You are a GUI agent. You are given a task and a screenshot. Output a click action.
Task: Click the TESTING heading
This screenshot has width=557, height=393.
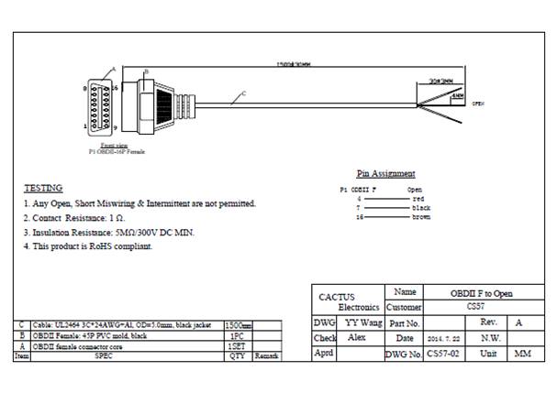[x=42, y=188]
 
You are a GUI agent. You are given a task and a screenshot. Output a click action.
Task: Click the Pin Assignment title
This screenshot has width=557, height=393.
[x=385, y=173]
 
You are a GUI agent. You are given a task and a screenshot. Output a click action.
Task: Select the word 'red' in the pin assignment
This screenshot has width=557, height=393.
[x=418, y=198]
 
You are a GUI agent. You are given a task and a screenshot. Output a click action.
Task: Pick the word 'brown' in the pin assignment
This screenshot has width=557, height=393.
[x=421, y=217]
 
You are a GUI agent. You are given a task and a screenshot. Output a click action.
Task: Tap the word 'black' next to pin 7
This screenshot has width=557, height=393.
[x=421, y=208]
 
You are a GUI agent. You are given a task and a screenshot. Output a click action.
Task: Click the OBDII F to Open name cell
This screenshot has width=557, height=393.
[x=482, y=293]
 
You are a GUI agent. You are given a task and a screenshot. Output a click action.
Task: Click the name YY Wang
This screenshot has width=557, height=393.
[x=363, y=323]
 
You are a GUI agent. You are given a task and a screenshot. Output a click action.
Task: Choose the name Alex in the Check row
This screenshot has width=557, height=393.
[x=357, y=338]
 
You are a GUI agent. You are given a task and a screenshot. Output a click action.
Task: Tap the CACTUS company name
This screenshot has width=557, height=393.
[x=336, y=297]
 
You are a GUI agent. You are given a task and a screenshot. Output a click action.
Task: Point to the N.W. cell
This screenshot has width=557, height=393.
[x=489, y=338]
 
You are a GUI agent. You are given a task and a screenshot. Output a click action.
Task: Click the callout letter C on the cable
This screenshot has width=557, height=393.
[x=244, y=93]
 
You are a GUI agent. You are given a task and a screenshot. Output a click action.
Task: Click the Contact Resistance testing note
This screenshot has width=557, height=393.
[x=74, y=218]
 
